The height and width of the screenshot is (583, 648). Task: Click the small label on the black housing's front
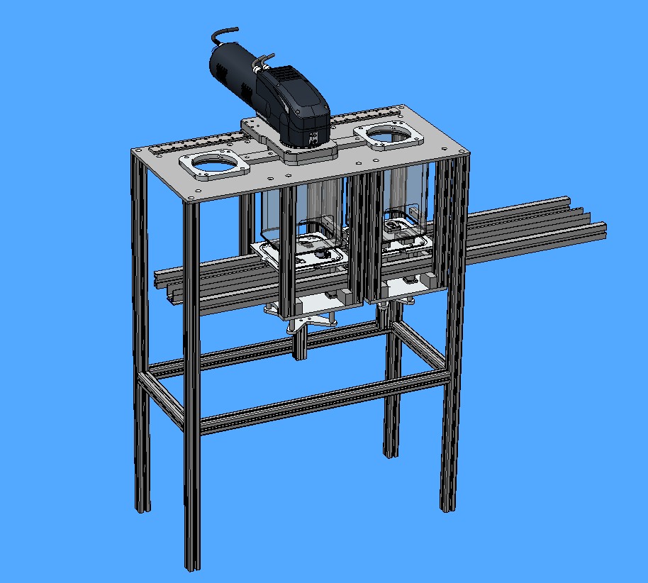[x=312, y=132]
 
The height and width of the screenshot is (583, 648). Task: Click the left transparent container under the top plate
[x=298, y=213]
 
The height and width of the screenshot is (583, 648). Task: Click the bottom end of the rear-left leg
[x=143, y=506]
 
